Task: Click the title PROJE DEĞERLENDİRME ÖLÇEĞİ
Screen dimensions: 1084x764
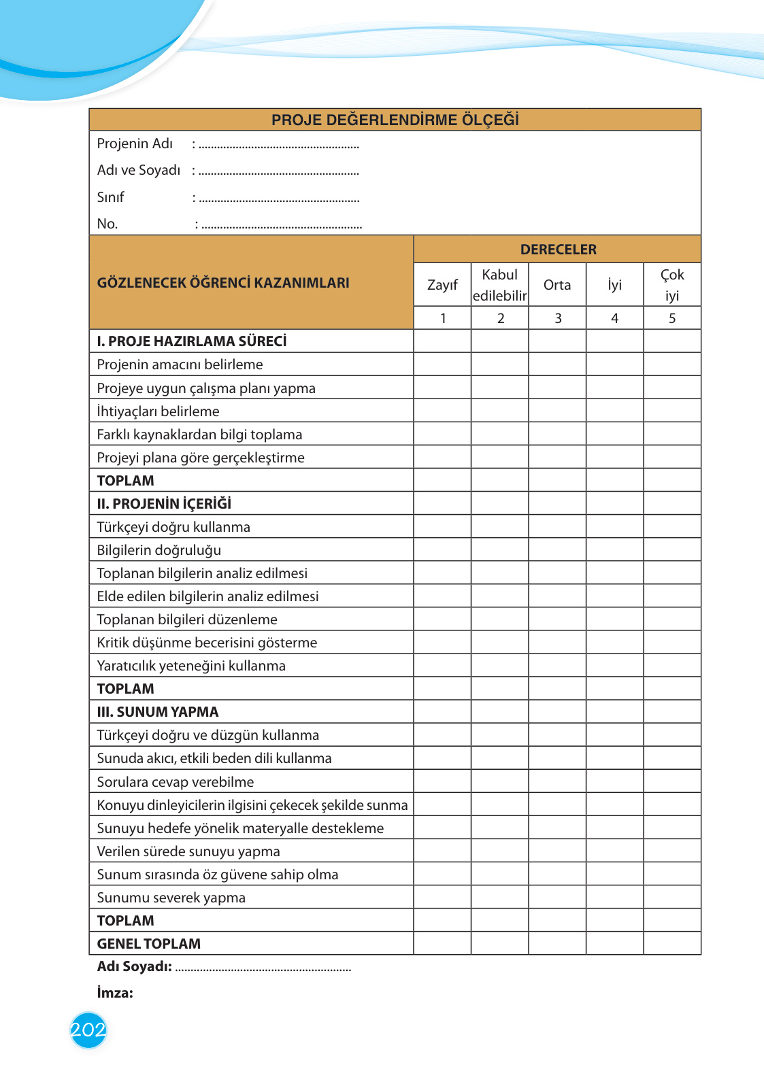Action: point(395,120)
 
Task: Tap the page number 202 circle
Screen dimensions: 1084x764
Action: point(88,1030)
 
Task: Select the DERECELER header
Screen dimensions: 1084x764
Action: point(558,250)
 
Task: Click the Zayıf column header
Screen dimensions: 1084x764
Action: point(442,285)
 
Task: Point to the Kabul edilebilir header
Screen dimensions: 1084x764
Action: point(500,285)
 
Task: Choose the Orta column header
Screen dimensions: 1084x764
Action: point(557,285)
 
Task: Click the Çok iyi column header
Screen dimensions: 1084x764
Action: point(672,285)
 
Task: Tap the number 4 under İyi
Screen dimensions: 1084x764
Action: point(615,318)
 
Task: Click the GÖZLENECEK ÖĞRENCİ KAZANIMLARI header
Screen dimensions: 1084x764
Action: point(223,283)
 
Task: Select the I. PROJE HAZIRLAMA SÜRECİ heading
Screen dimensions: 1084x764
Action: point(192,341)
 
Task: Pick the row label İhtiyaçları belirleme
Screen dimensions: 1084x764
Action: point(158,411)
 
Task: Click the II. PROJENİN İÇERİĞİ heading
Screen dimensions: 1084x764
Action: point(164,504)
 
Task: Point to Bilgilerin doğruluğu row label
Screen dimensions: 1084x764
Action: point(159,550)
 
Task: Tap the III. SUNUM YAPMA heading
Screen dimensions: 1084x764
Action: point(158,712)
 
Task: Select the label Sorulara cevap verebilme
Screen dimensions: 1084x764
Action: point(176,782)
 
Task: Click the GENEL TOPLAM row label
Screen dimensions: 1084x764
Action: point(149,944)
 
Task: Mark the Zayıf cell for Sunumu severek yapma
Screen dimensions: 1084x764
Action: point(442,897)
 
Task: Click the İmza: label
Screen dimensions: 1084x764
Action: point(115,993)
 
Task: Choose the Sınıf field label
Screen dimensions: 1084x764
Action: point(111,197)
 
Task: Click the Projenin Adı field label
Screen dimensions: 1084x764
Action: point(135,143)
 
